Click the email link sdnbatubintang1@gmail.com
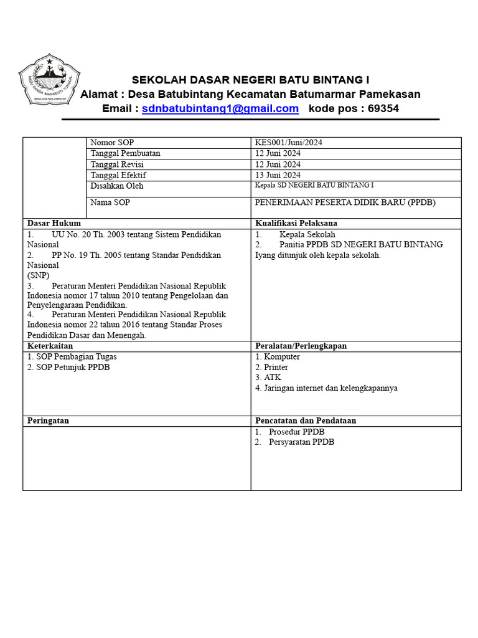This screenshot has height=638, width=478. [220, 109]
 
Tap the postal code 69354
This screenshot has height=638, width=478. [383, 109]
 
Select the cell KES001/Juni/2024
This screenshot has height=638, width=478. [289, 143]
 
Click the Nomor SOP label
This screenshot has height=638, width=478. [112, 143]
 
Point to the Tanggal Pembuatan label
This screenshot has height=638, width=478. [125, 153]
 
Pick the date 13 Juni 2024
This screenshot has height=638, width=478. [278, 175]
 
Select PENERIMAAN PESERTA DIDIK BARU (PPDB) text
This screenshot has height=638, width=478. [345, 202]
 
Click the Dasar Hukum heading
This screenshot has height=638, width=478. [54, 223]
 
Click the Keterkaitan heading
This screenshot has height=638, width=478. [50, 346]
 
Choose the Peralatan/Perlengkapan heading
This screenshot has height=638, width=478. [301, 346]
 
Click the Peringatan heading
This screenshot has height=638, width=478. [49, 421]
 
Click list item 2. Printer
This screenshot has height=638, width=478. [271, 367]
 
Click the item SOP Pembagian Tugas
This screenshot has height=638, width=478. [72, 357]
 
